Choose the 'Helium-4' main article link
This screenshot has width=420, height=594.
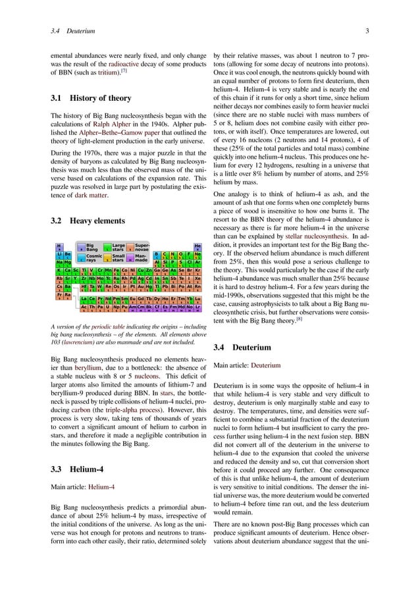(105, 487)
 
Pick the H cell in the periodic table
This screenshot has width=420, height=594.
(59, 248)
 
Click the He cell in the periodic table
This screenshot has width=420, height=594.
(197, 248)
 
